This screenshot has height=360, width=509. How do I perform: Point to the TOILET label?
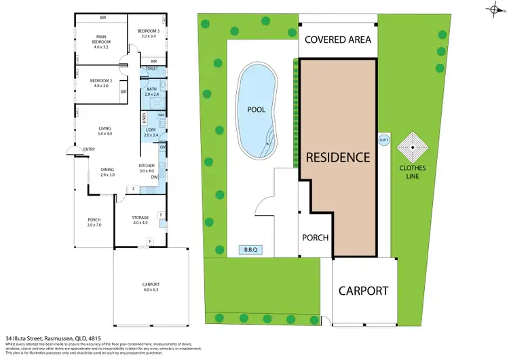coord(151,69)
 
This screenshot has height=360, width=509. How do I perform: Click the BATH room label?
coord(151,92)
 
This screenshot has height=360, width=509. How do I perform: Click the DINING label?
coord(107,172)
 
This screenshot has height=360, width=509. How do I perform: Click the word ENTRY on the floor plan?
coord(89,150)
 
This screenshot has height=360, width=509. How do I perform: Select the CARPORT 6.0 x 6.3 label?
coord(151,286)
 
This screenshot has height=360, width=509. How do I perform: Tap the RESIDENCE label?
coord(338,157)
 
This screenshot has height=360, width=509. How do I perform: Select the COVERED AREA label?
coord(338,39)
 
